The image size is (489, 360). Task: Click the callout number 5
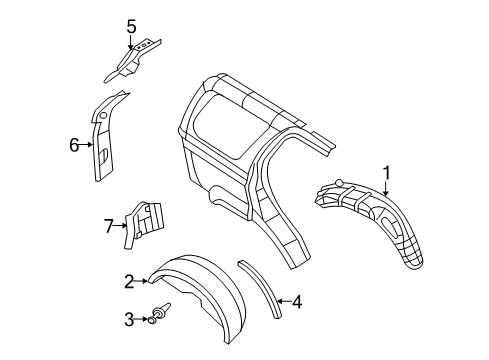pos(131,27)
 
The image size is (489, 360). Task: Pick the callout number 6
pos(74,144)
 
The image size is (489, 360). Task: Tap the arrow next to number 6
pos(87,144)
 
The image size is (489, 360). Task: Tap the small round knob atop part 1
pos(339,183)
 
